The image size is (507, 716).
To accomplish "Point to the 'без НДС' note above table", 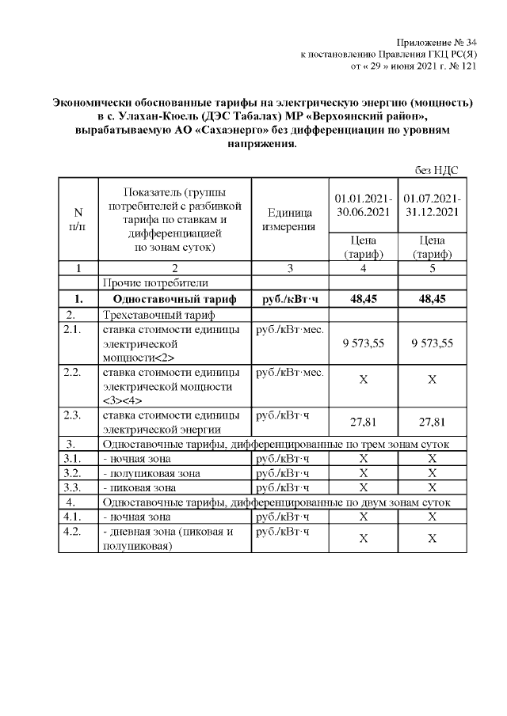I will [x=436, y=170].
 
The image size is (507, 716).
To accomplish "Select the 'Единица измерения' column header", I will [x=290, y=220].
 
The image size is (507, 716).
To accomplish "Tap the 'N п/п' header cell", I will [x=78, y=219].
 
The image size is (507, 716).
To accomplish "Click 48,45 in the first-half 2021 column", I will [x=363, y=299].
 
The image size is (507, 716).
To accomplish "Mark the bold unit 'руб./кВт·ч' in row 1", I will [x=290, y=299].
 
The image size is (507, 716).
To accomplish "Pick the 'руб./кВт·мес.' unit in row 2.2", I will [x=290, y=372].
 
